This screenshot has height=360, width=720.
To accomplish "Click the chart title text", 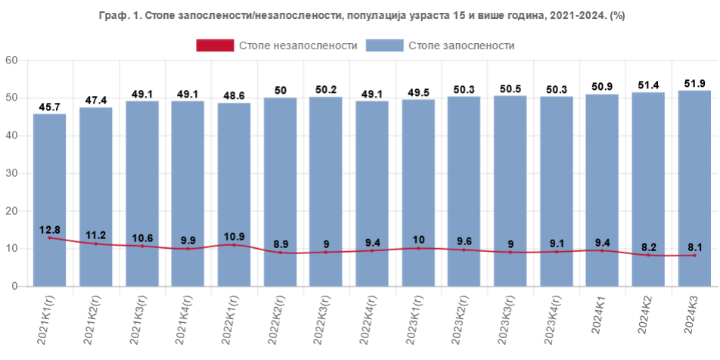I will pos(361,15).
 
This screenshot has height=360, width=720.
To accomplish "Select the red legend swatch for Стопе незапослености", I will pos(215,45).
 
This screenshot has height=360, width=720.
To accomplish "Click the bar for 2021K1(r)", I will pos(50,200).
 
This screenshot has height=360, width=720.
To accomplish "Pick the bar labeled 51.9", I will pos(694,189).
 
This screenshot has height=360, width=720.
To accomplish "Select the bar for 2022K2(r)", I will pos(280,193).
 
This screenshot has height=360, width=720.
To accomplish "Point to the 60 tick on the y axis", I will pos(11,60).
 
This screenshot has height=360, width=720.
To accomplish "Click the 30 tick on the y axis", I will pos(11,173).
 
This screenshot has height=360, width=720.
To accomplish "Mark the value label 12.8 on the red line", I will pos(50,229).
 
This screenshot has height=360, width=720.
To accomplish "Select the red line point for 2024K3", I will pos(694,256).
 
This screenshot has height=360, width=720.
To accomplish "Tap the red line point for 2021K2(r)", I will pos(96,244).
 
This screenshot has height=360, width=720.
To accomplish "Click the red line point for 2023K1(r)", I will pos(418,249).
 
